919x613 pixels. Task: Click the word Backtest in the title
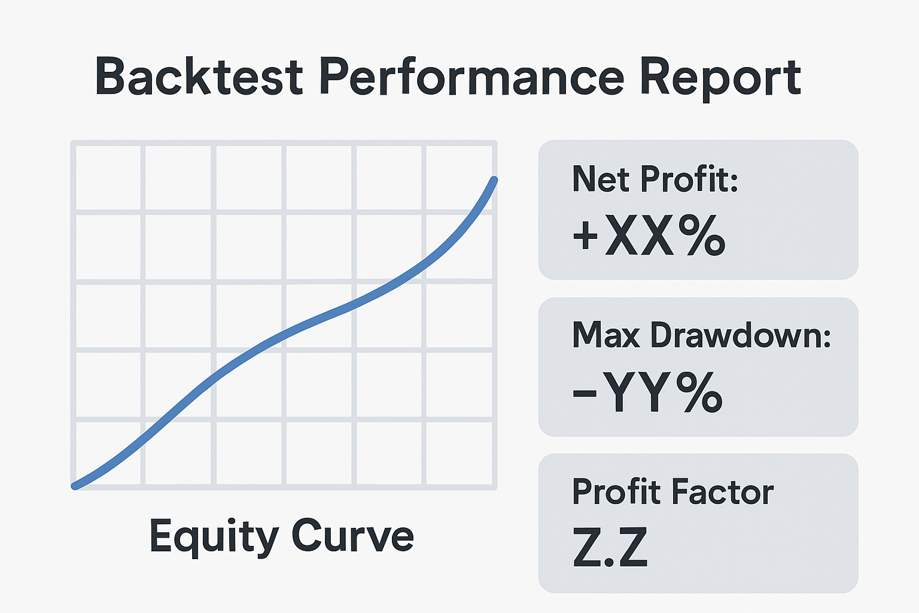(199, 77)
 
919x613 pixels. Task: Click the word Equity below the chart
(213, 536)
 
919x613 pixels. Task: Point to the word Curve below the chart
(352, 535)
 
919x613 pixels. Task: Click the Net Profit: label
(655, 178)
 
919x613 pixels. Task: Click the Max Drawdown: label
(701, 335)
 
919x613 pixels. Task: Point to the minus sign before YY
(585, 393)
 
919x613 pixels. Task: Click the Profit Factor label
(672, 492)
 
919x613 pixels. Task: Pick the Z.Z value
(610, 547)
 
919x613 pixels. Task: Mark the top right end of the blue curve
(494, 179)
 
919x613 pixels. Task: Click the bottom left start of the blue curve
(75, 485)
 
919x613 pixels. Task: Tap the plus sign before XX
(585, 236)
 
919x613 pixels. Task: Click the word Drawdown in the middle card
(741, 335)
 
